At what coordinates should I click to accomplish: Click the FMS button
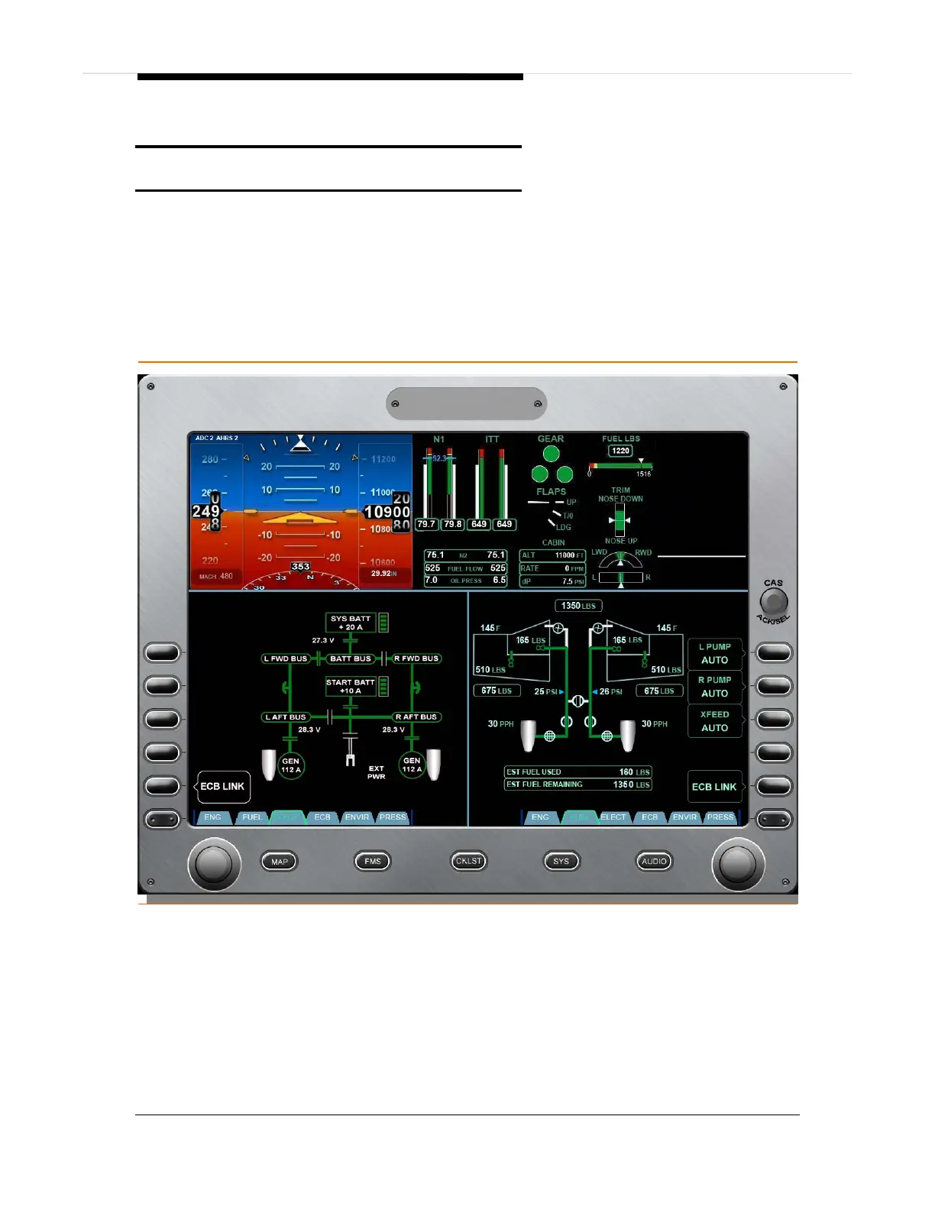(x=372, y=861)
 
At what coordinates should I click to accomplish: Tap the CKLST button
(x=468, y=861)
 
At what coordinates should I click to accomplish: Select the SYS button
(x=561, y=861)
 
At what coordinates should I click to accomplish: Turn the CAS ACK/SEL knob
(x=774, y=603)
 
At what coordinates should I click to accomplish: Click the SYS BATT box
(x=351, y=623)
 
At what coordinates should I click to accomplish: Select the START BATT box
(x=351, y=686)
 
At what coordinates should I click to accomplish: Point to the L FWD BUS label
(x=286, y=658)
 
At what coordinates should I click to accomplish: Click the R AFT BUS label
(x=416, y=717)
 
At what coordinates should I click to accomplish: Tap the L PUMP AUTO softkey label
(x=714, y=653)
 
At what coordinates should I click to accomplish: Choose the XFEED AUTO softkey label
(x=714, y=721)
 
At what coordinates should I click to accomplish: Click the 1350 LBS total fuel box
(x=578, y=606)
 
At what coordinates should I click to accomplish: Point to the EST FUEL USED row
(x=578, y=772)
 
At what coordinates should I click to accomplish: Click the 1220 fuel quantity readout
(x=620, y=451)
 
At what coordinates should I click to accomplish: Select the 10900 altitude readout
(x=387, y=512)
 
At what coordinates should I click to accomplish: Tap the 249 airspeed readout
(x=206, y=511)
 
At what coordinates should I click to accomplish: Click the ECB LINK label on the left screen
(x=223, y=786)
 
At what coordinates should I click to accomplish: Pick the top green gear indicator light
(x=551, y=455)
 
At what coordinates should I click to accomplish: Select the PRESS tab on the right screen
(x=720, y=817)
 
